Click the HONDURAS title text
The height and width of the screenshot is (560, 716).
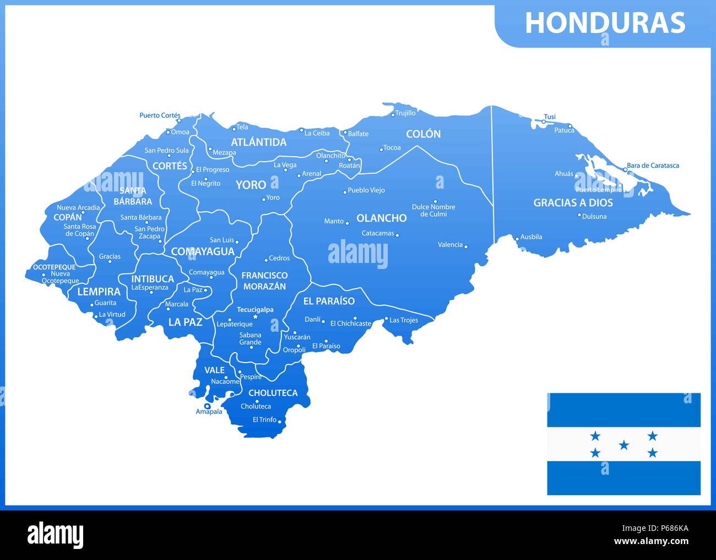point(605,23)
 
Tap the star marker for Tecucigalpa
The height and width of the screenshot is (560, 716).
point(255,317)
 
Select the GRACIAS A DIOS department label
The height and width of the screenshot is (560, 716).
point(573,203)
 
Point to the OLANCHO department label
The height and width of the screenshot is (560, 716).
point(381,218)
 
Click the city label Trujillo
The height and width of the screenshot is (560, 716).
point(405,113)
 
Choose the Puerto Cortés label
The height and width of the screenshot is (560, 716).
point(160,116)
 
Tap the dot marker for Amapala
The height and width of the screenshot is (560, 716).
point(207,406)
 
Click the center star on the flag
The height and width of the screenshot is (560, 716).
point(623,445)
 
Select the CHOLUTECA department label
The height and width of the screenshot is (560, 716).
point(273,393)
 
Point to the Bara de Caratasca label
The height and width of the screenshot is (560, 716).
point(653,166)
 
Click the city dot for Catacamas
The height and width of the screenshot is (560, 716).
point(397,235)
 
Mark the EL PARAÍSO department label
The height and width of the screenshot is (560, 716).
point(329,301)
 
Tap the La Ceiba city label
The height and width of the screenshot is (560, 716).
point(317,133)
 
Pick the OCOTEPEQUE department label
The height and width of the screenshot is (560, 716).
point(54,267)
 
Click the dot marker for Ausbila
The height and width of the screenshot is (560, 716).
point(517,239)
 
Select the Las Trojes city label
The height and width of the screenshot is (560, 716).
point(404,320)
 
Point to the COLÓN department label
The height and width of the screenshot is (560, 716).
point(423,134)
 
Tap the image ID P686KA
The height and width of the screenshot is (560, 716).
point(667,529)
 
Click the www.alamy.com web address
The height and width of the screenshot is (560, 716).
point(651,541)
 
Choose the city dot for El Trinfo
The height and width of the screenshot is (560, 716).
point(280,422)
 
